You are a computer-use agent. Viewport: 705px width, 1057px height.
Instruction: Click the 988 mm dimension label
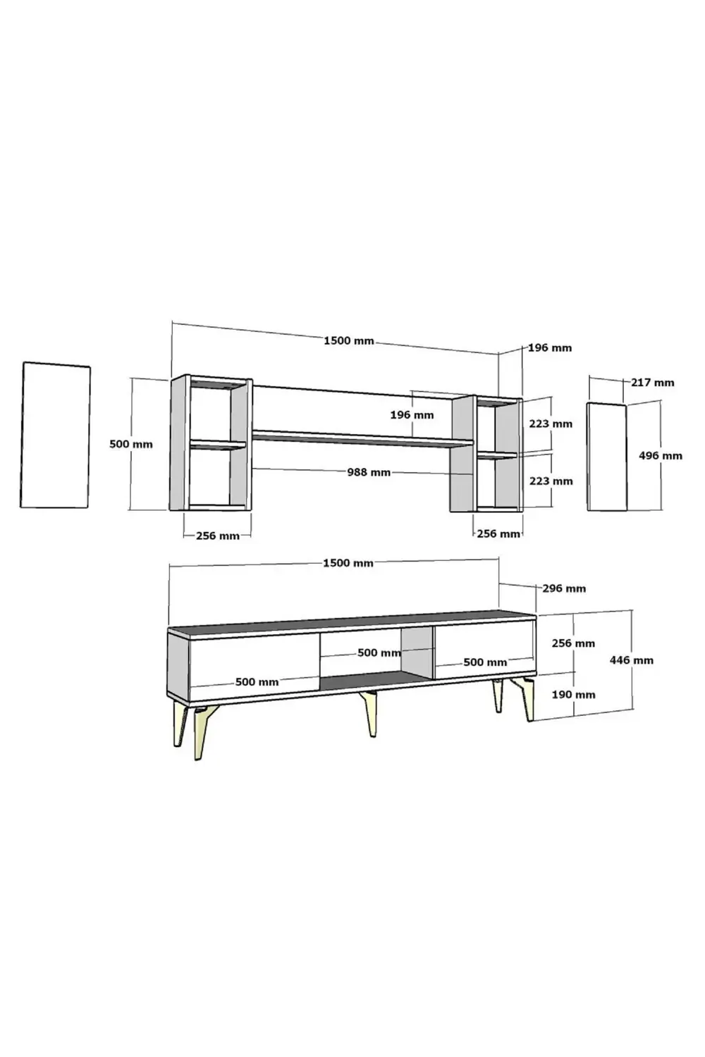point(368,472)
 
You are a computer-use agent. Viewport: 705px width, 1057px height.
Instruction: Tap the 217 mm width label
point(652,383)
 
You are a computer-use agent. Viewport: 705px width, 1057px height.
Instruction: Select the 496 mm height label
point(660,456)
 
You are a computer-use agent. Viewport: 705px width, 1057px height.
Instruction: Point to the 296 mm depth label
point(564,588)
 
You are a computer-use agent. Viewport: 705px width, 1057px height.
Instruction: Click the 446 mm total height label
point(631,660)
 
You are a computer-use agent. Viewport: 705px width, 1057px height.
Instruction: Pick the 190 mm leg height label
point(573,694)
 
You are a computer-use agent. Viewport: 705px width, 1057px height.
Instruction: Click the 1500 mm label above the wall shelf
point(348,341)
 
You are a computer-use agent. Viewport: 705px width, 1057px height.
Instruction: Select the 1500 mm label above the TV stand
point(348,563)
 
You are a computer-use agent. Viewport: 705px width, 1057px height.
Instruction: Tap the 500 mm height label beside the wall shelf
point(130,444)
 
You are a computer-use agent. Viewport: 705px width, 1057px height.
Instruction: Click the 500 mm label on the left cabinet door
point(257,682)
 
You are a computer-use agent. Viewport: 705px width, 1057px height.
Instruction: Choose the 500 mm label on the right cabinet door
point(485,662)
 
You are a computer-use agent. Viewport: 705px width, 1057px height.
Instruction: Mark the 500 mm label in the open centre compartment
point(379,653)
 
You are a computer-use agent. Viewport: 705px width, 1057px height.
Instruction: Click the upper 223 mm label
point(551,424)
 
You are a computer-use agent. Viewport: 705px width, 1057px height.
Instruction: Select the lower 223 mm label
point(551,481)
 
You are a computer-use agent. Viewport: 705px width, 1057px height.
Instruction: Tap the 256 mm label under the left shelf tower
point(217,536)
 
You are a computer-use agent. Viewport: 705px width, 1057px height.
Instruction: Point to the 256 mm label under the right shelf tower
point(498,534)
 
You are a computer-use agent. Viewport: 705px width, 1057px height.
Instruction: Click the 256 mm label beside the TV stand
point(573,643)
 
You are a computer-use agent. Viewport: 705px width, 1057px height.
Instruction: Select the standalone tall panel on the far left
point(56,435)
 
